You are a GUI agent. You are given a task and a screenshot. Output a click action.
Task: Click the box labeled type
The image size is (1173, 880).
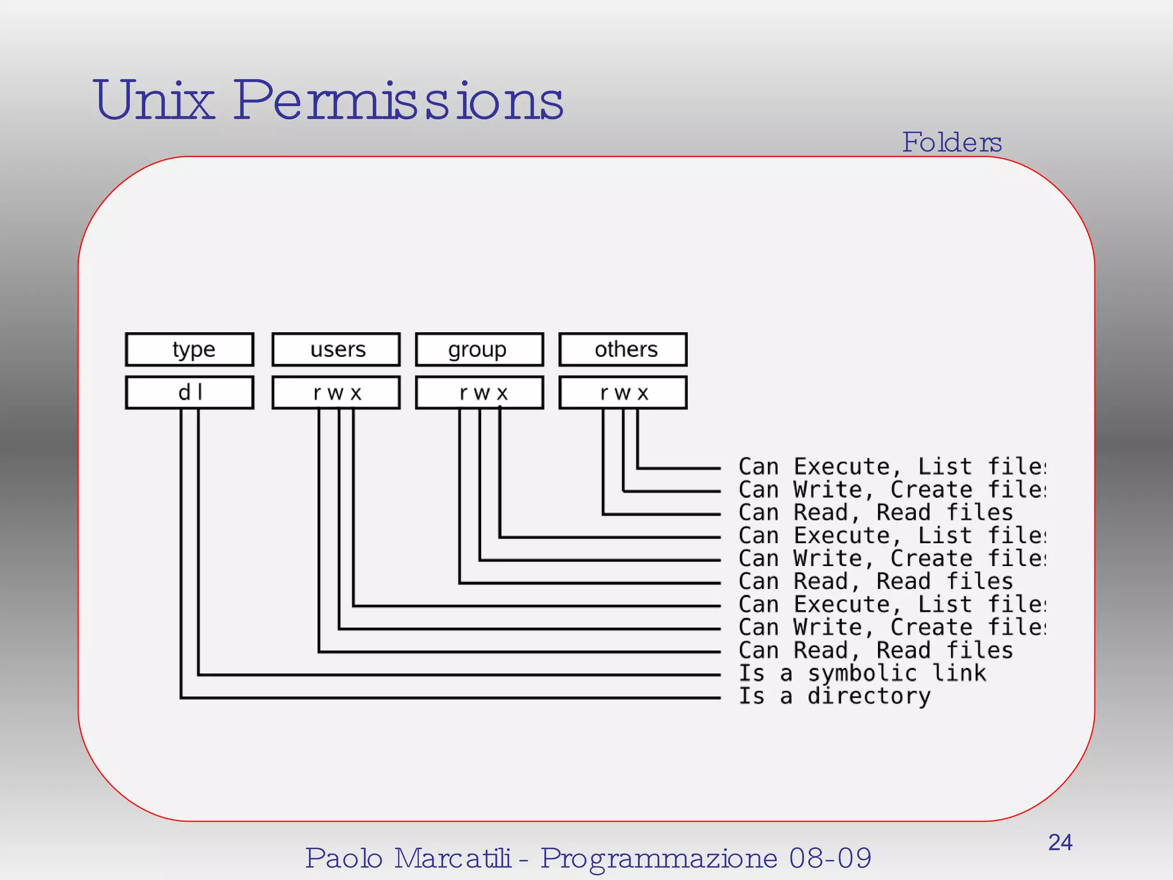pos(190,349)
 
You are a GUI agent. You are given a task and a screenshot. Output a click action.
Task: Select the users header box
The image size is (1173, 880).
pos(336,349)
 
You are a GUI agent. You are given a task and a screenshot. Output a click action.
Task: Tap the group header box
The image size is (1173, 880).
pos(479,349)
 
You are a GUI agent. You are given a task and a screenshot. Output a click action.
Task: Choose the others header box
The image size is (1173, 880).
pos(623,349)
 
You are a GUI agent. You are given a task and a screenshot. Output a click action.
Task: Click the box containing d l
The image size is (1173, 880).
pos(190,392)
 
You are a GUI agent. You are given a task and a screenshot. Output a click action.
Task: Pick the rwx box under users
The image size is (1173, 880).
pos(336,392)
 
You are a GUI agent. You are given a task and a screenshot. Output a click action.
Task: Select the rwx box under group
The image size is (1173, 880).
pos(479,392)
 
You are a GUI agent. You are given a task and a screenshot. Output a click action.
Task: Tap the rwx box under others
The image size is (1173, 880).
pos(623,392)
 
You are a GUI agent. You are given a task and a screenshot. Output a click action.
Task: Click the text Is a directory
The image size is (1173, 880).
pos(835,696)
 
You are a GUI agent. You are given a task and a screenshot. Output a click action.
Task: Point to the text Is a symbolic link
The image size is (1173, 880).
pos(863,673)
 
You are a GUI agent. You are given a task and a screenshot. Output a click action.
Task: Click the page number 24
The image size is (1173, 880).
pos(1060,842)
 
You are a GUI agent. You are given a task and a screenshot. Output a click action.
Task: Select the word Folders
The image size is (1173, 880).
pos(952,142)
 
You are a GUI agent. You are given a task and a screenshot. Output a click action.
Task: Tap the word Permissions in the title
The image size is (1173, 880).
pos(399,101)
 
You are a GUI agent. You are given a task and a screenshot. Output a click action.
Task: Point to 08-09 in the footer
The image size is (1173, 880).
pos(830,858)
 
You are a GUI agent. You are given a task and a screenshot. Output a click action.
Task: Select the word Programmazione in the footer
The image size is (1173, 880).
pos(659,858)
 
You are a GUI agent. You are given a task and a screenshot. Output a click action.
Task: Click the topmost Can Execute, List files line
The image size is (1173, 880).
pos(892,467)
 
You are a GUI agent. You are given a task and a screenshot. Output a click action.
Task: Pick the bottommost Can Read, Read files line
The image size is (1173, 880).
pos(876,650)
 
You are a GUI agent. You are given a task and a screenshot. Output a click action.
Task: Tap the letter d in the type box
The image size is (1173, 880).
pos(184,392)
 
